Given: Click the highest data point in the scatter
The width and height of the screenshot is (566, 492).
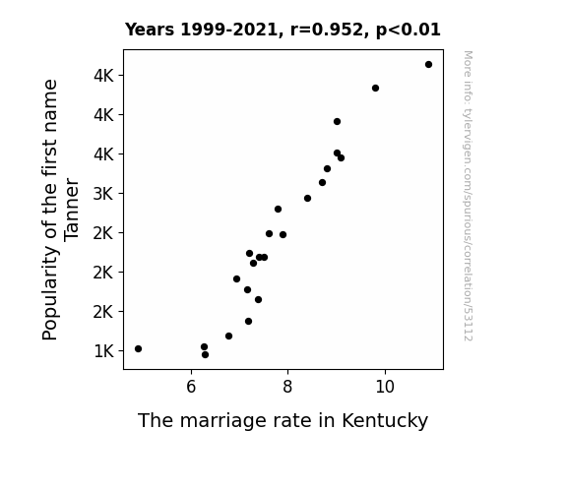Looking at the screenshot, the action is pyautogui.click(x=428, y=65).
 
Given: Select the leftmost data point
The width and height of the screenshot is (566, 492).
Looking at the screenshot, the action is pyautogui.click(x=138, y=348).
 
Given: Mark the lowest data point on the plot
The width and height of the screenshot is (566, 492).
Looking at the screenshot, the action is pyautogui.click(x=205, y=355).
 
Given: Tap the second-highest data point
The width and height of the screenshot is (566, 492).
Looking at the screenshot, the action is pyautogui.click(x=375, y=89).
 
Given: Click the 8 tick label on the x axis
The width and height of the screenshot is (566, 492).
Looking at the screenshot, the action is pyautogui.click(x=287, y=387).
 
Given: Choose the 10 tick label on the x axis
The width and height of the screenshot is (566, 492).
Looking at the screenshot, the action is pyautogui.click(x=385, y=387).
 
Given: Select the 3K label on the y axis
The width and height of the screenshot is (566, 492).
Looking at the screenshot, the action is pyautogui.click(x=103, y=194).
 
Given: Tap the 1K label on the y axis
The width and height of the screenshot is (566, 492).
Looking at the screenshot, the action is pyautogui.click(x=103, y=351).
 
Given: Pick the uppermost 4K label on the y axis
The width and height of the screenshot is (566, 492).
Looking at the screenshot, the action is pyautogui.click(x=103, y=76).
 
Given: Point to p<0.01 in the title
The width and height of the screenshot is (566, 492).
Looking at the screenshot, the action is pyautogui.click(x=409, y=31).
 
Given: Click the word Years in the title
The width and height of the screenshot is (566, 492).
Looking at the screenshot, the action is pyautogui.click(x=150, y=30).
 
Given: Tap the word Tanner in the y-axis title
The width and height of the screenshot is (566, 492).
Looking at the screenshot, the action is pyautogui.click(x=71, y=210).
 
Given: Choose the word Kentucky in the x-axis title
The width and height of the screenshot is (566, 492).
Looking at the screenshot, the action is pyautogui.click(x=385, y=421).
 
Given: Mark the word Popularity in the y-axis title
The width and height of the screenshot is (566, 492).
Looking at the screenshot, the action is pyautogui.click(x=50, y=293).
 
